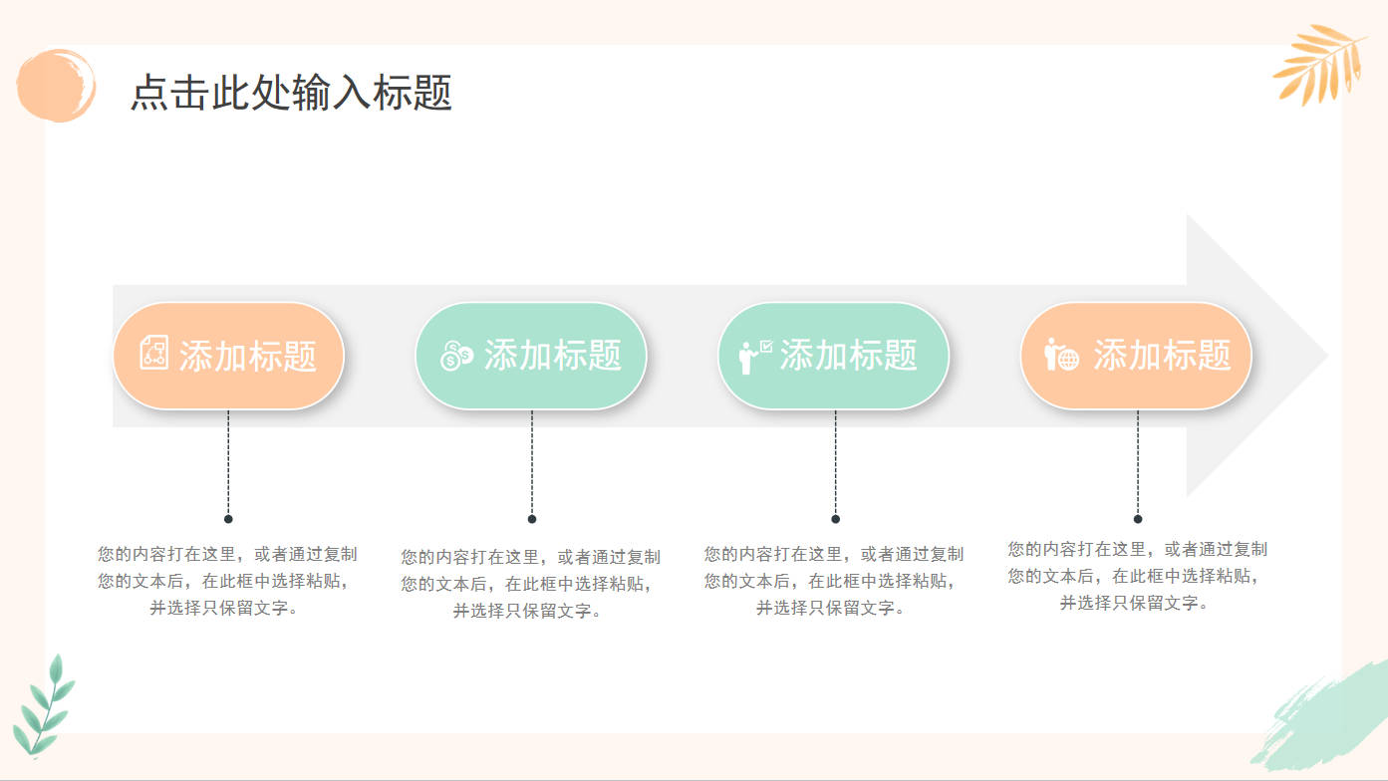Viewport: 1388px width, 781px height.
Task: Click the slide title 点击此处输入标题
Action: [x=291, y=93]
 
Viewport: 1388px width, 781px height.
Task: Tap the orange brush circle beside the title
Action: [x=56, y=85]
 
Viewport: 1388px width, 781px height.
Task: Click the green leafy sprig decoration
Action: [x=44, y=706]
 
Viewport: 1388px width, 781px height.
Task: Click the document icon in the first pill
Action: [x=153, y=353]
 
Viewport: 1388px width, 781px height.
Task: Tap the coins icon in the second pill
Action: [x=456, y=356]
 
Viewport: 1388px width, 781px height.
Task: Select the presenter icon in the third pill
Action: [x=754, y=357]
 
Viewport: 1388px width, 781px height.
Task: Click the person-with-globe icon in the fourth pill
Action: [x=1061, y=355]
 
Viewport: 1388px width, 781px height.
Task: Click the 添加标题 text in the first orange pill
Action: [x=248, y=356]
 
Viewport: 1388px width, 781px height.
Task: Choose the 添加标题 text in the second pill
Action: [x=553, y=355]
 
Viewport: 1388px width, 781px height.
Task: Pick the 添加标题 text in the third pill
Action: [x=848, y=355]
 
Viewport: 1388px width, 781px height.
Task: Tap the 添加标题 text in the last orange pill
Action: [x=1162, y=355]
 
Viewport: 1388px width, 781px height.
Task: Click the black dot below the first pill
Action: [x=228, y=519]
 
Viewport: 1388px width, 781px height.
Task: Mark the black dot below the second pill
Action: [x=532, y=519]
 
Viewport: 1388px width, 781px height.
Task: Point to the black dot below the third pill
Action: [x=835, y=519]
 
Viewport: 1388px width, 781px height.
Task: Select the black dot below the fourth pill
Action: [x=1138, y=519]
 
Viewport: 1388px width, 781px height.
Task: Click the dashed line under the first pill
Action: [x=228, y=462]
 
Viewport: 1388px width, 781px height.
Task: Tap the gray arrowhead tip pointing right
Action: [x=1327, y=356]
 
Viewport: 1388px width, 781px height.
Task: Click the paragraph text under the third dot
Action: [x=833, y=581]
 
